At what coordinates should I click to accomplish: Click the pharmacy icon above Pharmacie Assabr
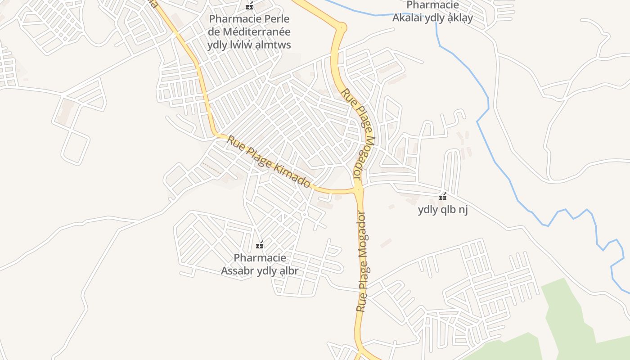(x=260, y=245)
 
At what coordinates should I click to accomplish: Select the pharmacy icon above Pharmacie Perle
(x=249, y=6)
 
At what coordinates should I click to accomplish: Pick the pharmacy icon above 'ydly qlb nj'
(x=443, y=197)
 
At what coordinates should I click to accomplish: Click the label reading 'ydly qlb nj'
(x=443, y=210)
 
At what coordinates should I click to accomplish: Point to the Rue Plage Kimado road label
(x=268, y=162)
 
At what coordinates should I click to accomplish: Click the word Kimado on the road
(x=294, y=175)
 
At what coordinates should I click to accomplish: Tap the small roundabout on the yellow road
(x=342, y=28)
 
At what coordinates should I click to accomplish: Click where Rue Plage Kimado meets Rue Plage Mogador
(x=358, y=190)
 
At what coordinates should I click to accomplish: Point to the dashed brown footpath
(x=211, y=169)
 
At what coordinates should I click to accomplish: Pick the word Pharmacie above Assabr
(x=260, y=258)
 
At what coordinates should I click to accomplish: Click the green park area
(x=567, y=315)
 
